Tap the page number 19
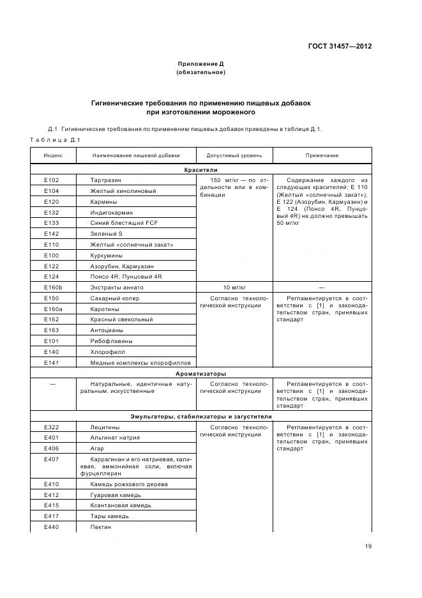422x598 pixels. pyautogui.click(x=368, y=546)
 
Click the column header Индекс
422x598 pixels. pyautogui.click(x=53, y=155)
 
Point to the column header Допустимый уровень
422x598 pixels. pyautogui.click(x=234, y=155)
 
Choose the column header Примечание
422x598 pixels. pyautogui.click(x=322, y=155)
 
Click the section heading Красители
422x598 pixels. pyautogui.click(x=201, y=171)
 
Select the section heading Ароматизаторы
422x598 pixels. pyautogui.click(x=201, y=374)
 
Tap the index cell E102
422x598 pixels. pyautogui.click(x=51, y=180)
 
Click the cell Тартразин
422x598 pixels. pyautogui.click(x=106, y=180)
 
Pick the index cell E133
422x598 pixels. pyautogui.click(x=51, y=223)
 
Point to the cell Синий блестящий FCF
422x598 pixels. pyautogui.click(x=124, y=223)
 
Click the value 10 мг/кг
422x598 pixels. pyautogui.click(x=234, y=287)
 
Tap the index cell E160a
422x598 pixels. pyautogui.click(x=51, y=309)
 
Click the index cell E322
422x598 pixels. pyautogui.click(x=51, y=427)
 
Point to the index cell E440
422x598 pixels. pyautogui.click(x=51, y=527)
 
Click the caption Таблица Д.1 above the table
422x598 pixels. pyautogui.click(x=54, y=140)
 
